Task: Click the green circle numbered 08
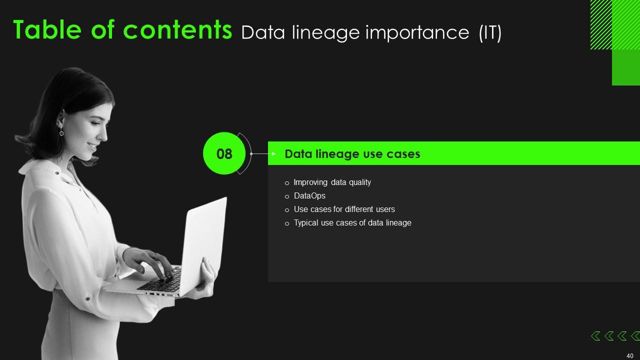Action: [x=224, y=153]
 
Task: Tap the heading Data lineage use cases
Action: [x=352, y=154]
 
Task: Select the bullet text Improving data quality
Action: [x=332, y=182]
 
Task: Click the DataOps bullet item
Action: [x=309, y=195]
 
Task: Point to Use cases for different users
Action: [x=344, y=209]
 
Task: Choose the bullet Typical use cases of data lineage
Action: [x=352, y=223]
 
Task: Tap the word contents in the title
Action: [x=177, y=30]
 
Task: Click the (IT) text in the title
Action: [x=490, y=33]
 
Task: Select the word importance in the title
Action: [x=417, y=33]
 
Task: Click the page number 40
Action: [x=629, y=355]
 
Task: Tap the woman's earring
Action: [x=61, y=131]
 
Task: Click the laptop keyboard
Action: [x=161, y=281]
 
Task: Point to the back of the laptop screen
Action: [x=203, y=245]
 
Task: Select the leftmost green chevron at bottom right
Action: [x=595, y=336]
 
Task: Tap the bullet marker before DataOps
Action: [x=287, y=196]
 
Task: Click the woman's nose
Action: [x=104, y=135]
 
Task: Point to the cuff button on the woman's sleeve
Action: [x=87, y=299]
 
